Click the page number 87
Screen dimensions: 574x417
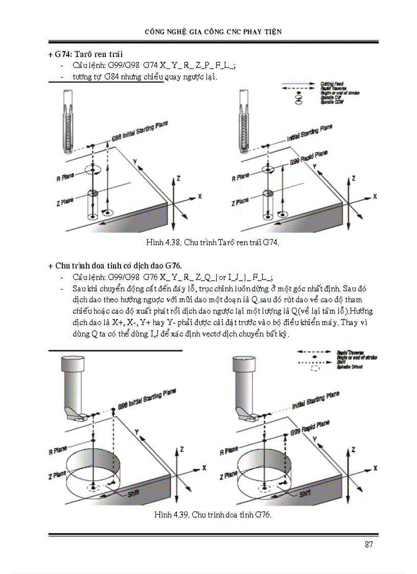(x=369, y=544)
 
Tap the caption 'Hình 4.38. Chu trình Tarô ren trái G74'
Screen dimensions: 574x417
(x=213, y=244)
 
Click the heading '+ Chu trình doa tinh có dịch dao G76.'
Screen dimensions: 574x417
(x=115, y=266)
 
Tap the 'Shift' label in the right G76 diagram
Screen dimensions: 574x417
(x=305, y=493)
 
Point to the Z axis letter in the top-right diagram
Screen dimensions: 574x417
(x=354, y=178)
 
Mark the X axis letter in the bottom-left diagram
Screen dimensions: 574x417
(x=204, y=467)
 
